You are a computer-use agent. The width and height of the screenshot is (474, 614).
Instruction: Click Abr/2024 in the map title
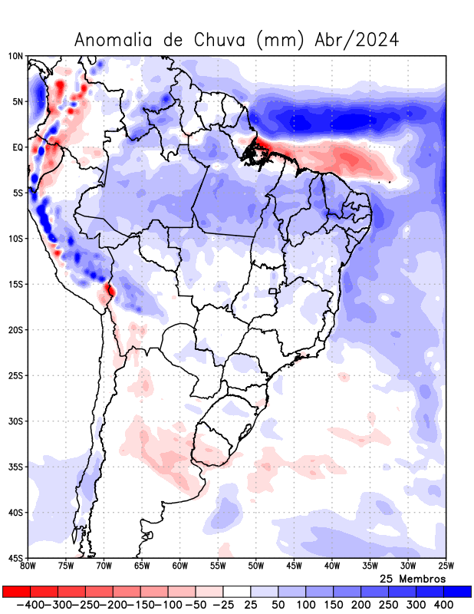pyautogui.click(x=357, y=40)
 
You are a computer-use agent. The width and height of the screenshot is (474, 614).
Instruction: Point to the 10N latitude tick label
pyautogui.click(x=15, y=56)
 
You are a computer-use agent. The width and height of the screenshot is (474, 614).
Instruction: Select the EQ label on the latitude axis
pyautogui.click(x=18, y=147)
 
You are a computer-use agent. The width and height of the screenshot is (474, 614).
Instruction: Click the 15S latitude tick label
pyautogui.click(x=15, y=284)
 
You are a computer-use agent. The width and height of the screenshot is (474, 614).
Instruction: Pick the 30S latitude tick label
pyautogui.click(x=15, y=421)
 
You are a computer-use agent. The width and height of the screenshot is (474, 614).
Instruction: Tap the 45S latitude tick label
pyautogui.click(x=15, y=558)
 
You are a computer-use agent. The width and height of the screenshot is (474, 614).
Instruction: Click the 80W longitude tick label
pyautogui.click(x=28, y=566)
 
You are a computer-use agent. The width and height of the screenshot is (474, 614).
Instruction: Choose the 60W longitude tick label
pyautogui.click(x=179, y=566)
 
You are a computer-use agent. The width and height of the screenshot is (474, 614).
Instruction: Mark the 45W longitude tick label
pyautogui.click(x=294, y=566)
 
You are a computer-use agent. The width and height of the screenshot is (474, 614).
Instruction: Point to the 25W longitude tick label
pyautogui.click(x=445, y=566)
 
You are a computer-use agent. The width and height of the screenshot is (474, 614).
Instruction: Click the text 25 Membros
pyautogui.click(x=412, y=578)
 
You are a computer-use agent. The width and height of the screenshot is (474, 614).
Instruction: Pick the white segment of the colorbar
pyautogui.click(x=237, y=591)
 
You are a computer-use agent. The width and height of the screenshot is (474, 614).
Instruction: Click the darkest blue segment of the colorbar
pyautogui.click(x=458, y=591)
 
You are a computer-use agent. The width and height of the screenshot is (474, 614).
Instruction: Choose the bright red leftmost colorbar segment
pyautogui.click(x=16, y=591)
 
